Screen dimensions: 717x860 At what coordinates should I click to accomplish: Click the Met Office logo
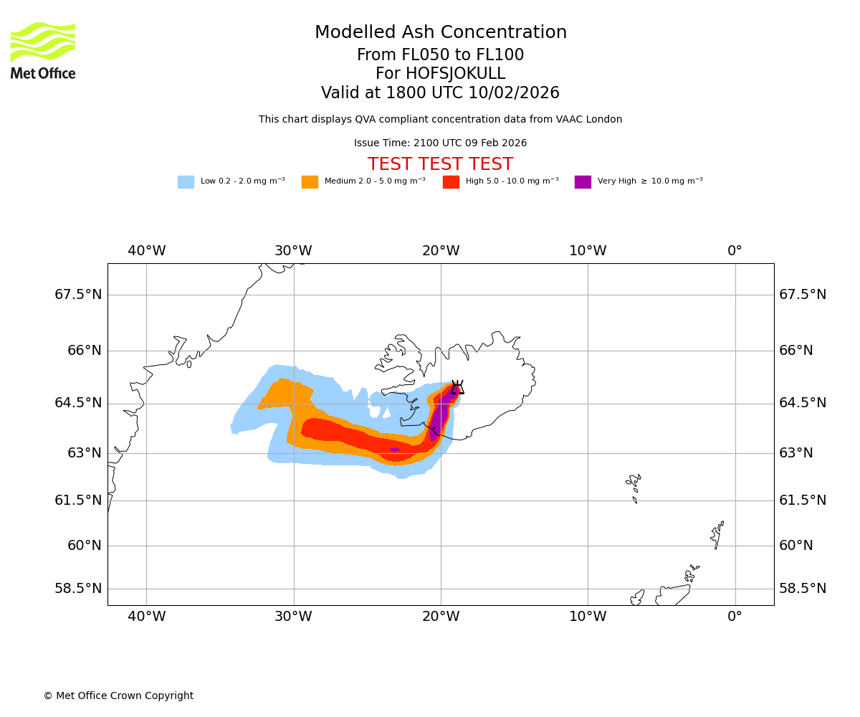pos(43,50)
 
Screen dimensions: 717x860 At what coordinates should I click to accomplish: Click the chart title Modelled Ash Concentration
pos(440,33)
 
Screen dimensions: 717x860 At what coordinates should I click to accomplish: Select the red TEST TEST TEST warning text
pos(440,164)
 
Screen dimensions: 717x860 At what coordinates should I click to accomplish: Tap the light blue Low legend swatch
pos(186,182)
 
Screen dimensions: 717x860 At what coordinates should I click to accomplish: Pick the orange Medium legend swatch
pos(310,182)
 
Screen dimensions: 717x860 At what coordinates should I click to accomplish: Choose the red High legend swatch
pos(451,182)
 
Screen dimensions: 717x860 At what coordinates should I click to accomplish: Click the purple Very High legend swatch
pos(583,182)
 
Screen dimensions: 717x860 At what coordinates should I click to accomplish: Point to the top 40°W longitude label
pos(146,251)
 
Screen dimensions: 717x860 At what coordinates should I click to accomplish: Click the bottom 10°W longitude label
pos(588,616)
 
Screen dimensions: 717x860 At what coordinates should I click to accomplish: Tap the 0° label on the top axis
pos(735,251)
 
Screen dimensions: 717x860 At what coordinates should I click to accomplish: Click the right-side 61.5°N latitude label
pos(803,500)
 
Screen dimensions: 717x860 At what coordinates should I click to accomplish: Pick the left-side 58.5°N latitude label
pos(78,589)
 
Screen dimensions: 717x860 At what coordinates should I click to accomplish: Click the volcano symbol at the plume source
pos(457,388)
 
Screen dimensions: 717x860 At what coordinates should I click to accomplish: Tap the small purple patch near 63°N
pos(394,450)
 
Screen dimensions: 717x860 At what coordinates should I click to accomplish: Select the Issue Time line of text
pos(440,143)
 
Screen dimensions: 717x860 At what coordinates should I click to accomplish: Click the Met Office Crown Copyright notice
pos(118,696)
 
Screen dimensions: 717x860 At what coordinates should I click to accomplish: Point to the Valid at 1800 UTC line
pos(440,93)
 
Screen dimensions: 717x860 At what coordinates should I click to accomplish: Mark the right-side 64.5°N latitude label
pos(803,403)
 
